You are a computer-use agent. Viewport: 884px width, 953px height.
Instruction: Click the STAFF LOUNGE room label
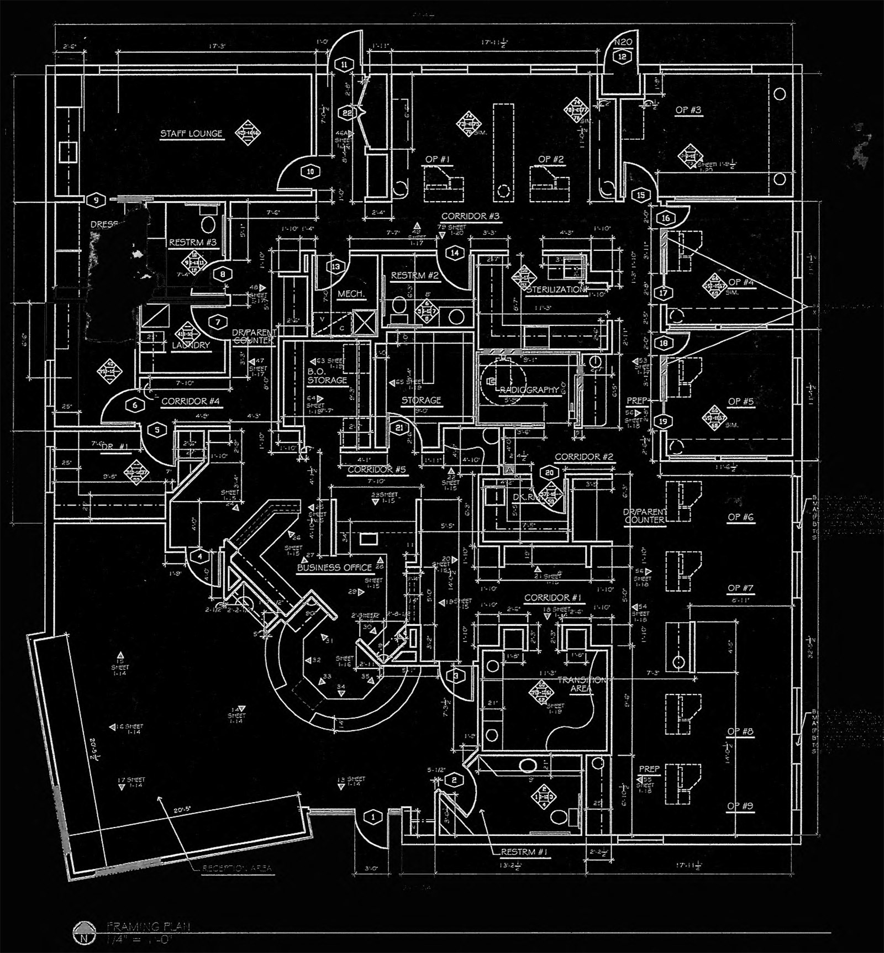(x=191, y=134)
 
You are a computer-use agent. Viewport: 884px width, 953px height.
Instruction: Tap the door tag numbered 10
(x=310, y=172)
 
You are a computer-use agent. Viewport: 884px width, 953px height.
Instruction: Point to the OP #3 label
(x=688, y=110)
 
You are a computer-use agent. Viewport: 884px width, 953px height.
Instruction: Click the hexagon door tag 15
(x=641, y=194)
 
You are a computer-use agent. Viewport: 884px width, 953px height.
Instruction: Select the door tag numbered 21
(x=399, y=427)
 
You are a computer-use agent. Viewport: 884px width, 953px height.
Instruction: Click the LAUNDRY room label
(x=191, y=345)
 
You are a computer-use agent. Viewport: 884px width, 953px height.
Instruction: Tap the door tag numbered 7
(x=218, y=322)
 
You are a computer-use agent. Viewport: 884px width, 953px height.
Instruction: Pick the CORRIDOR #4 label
(x=191, y=402)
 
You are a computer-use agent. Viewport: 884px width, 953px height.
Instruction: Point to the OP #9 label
(x=740, y=807)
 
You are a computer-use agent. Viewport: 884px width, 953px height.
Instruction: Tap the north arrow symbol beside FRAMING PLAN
(x=82, y=938)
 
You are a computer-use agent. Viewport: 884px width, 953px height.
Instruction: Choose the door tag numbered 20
(x=549, y=473)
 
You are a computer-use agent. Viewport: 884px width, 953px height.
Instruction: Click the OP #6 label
(x=740, y=518)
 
